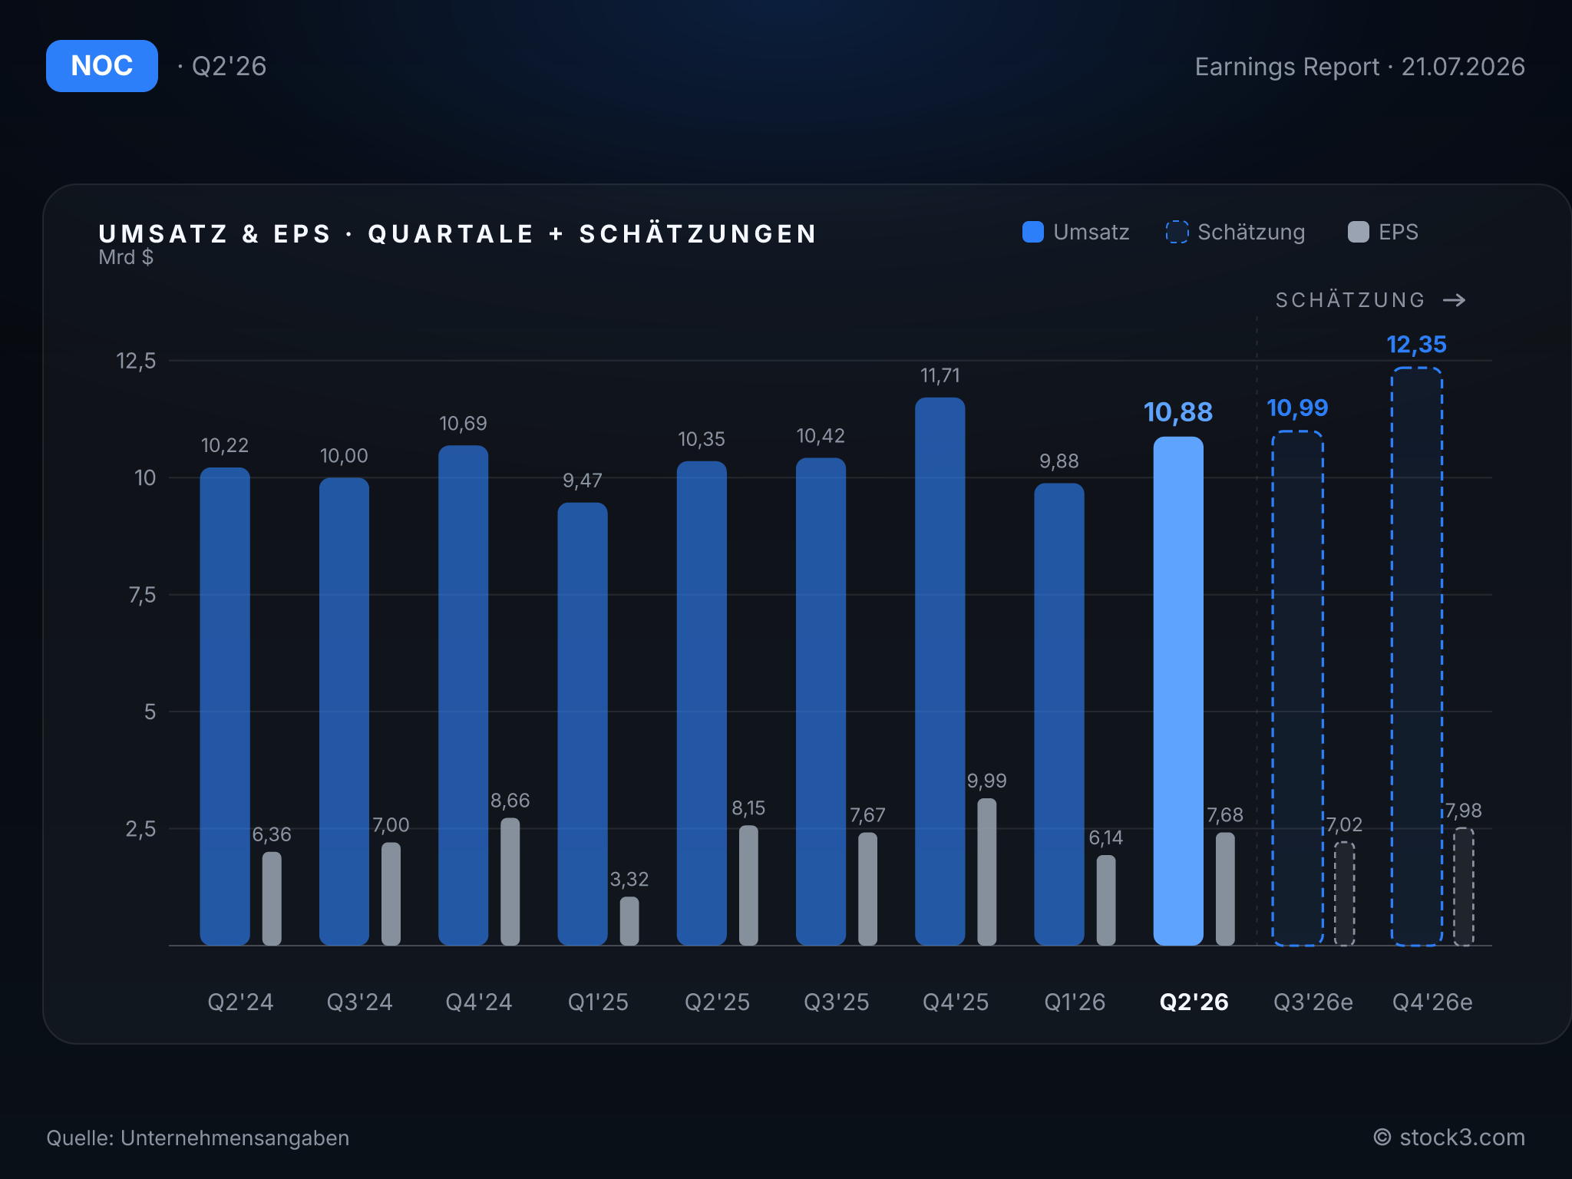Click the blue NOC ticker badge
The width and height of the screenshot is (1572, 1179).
click(102, 66)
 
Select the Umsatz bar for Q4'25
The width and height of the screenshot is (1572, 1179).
click(940, 671)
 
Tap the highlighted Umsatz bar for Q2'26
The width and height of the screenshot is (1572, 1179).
click(1178, 691)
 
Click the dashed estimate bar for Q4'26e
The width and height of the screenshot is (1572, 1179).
click(1417, 656)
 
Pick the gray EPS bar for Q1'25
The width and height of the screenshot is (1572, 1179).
click(629, 920)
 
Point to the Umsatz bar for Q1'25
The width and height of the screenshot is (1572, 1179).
click(583, 724)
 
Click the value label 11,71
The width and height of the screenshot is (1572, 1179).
click(940, 375)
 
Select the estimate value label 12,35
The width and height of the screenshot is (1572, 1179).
click(1417, 345)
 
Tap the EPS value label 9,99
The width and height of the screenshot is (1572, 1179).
click(987, 781)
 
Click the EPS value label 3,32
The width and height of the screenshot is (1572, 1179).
click(629, 879)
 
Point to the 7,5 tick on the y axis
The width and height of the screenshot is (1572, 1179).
click(142, 595)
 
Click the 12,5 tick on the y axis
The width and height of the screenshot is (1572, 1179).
click(136, 361)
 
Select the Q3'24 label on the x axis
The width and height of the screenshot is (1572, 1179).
click(360, 1002)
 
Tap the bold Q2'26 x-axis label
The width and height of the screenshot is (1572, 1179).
click(1194, 1002)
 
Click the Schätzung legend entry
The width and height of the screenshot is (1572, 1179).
click(1235, 232)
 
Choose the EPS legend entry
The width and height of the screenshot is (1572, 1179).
click(1383, 232)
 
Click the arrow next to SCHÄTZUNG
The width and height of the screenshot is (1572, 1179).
click(1455, 300)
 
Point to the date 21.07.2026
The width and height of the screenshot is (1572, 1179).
click(1463, 67)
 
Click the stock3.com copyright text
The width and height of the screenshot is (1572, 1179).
click(1449, 1138)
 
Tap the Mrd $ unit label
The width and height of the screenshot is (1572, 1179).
click(126, 257)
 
